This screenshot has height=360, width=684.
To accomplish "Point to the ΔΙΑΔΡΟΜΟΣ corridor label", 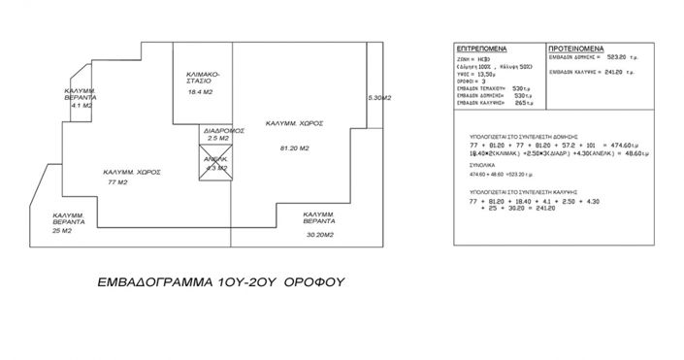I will (216, 130).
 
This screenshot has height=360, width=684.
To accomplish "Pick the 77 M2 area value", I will (118, 181).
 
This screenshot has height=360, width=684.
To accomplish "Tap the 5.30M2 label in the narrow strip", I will (379, 98).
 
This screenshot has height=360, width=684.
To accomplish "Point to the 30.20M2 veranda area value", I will (319, 235).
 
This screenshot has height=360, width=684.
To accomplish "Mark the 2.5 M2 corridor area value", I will (217, 139).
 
